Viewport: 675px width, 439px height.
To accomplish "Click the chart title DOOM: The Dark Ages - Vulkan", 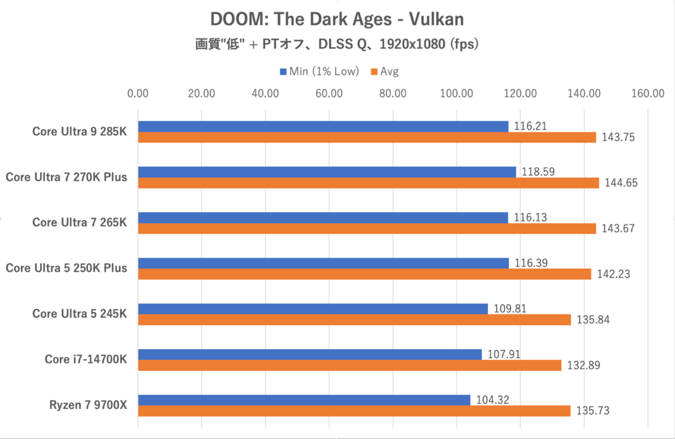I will tap(337, 19).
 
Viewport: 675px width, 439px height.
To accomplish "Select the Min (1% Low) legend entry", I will tap(319, 71).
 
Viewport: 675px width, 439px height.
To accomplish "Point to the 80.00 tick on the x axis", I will tap(393, 94).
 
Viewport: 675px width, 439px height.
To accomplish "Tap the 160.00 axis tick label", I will tap(647, 94).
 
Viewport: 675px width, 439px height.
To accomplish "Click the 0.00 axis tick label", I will tap(138, 94).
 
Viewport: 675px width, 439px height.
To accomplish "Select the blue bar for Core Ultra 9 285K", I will tap(323, 126).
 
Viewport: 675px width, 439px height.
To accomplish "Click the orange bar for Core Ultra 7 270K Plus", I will tap(368, 183).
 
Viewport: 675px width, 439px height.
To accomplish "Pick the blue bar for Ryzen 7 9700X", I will tap(304, 400).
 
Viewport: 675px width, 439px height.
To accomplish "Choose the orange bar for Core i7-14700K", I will tap(349, 365).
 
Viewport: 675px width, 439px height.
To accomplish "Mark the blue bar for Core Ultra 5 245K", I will tap(313, 309).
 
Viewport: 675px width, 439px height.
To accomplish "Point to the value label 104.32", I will tap(490, 400).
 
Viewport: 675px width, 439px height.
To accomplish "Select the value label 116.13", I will tap(528, 218).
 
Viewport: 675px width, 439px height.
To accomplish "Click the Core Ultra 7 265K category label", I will tap(79, 223).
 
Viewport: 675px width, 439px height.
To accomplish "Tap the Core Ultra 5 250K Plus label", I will tap(66, 268).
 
